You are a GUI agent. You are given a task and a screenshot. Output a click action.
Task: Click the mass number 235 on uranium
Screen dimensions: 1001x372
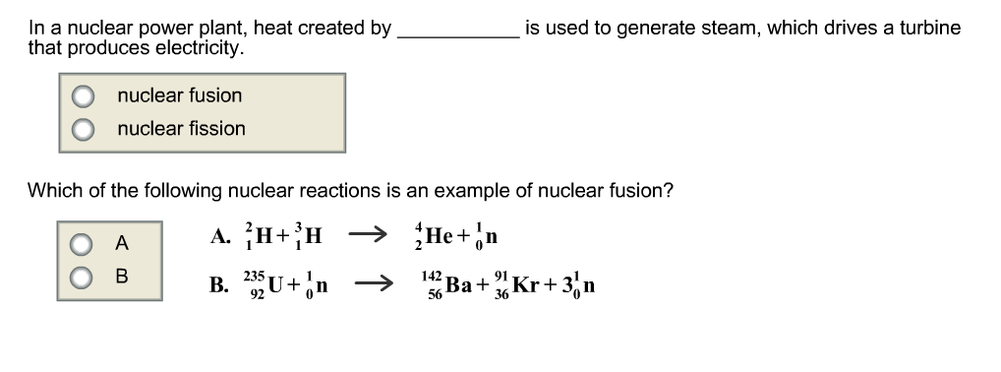(254, 278)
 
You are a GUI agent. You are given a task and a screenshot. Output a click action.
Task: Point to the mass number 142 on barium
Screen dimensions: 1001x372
(431, 279)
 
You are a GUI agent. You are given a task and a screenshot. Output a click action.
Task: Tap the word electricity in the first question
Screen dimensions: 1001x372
(200, 47)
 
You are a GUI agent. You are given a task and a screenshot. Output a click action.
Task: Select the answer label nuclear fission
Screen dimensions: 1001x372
(181, 128)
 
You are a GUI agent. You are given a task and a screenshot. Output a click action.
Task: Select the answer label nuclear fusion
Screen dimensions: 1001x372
(179, 95)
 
